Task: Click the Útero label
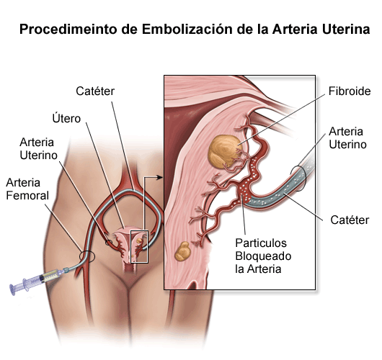(x=66, y=118)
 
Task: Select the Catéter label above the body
(x=95, y=91)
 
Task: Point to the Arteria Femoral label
(x=27, y=189)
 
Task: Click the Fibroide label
(x=350, y=91)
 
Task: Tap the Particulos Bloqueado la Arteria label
(x=263, y=256)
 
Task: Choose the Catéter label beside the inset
(x=350, y=220)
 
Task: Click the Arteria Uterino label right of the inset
(x=347, y=138)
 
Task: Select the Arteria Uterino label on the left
(x=38, y=149)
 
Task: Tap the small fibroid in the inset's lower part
(x=182, y=251)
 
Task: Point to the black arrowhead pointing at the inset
(x=159, y=177)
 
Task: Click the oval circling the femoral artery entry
(x=86, y=256)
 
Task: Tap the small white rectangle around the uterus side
(x=139, y=246)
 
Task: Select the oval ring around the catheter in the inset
(x=298, y=179)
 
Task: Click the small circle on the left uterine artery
(x=109, y=243)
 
